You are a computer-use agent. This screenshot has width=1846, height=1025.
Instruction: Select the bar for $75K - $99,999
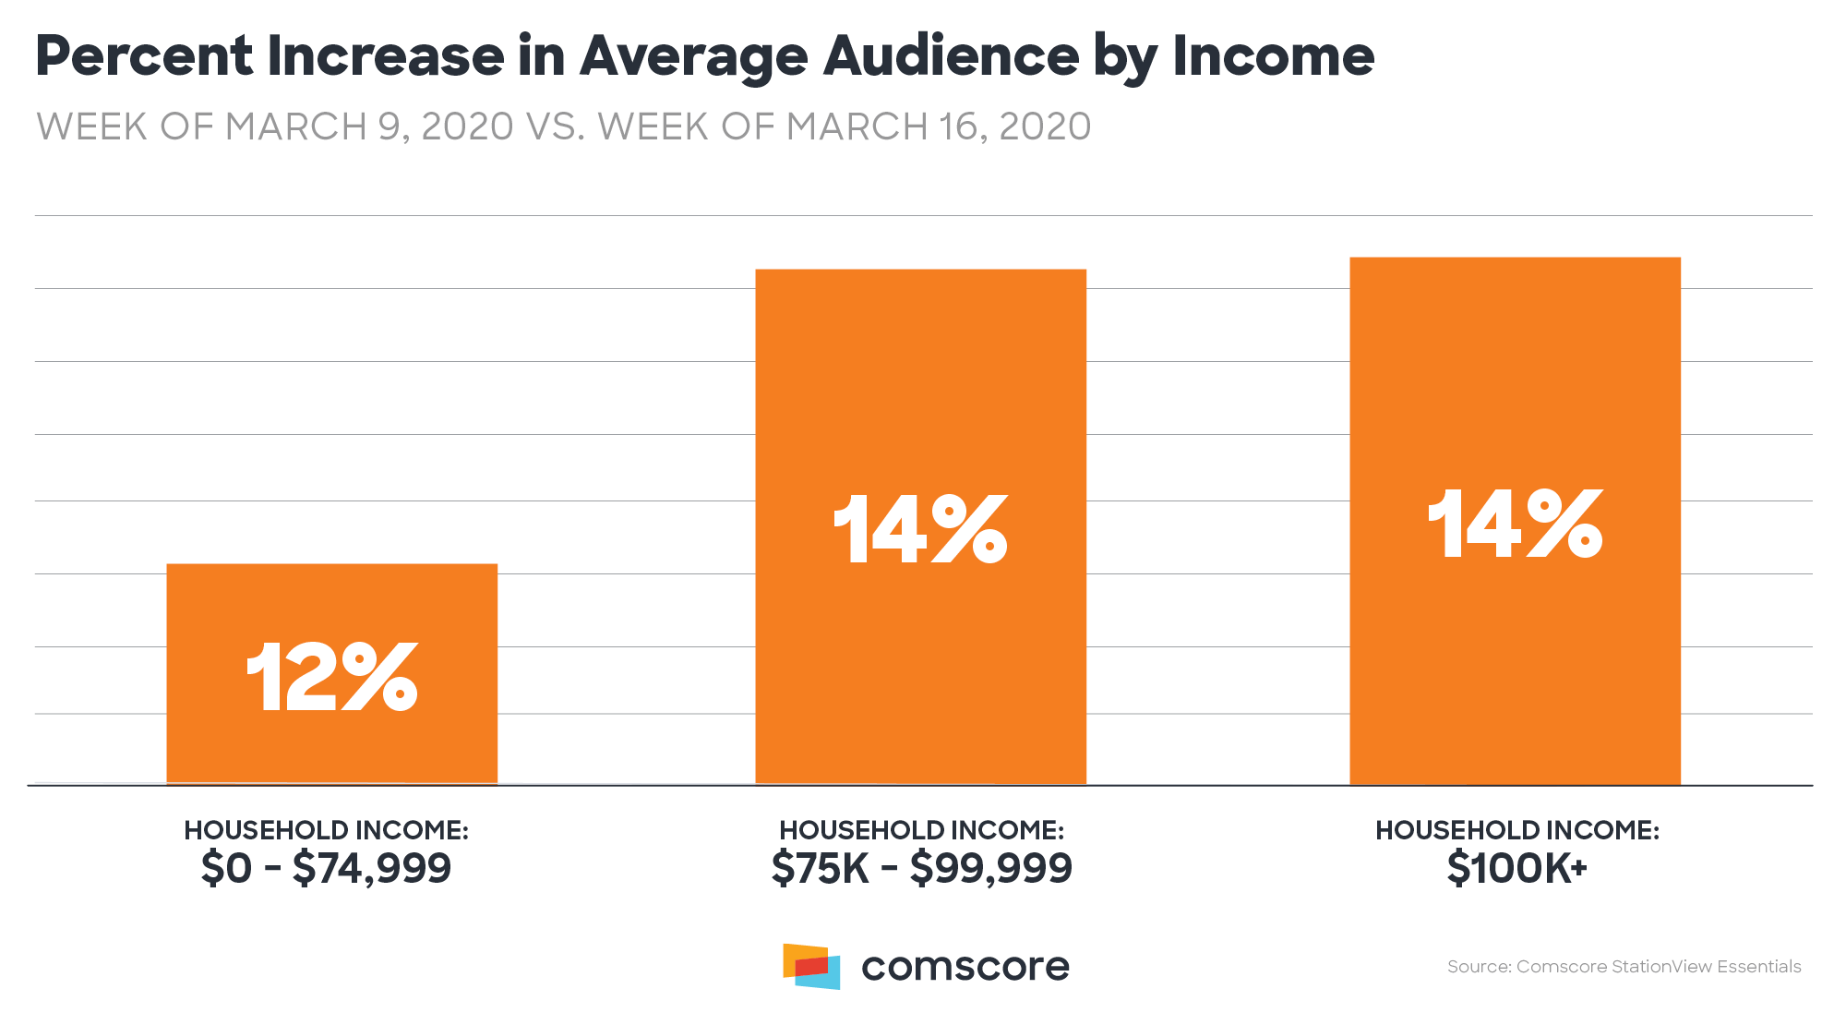click(920, 388)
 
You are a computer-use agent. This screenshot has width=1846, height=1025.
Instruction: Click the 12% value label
click(331, 678)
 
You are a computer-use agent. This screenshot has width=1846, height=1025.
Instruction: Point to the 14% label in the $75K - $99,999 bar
click(920, 528)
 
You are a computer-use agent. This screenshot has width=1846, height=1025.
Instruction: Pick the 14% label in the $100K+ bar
click(1515, 524)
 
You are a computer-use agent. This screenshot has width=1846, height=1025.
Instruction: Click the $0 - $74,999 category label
click(326, 868)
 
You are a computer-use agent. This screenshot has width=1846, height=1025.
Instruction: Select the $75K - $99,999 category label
click(921, 868)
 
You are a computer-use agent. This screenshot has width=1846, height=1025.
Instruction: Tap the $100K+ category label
click(1516, 868)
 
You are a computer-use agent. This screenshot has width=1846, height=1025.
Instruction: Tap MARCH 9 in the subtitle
click(313, 127)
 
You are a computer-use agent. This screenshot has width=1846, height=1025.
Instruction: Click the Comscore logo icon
click(811, 966)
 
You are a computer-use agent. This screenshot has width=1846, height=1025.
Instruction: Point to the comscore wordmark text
click(965, 967)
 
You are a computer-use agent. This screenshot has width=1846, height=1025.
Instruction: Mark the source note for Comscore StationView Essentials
click(1624, 967)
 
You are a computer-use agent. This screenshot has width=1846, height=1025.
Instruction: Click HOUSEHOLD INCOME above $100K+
click(1516, 830)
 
